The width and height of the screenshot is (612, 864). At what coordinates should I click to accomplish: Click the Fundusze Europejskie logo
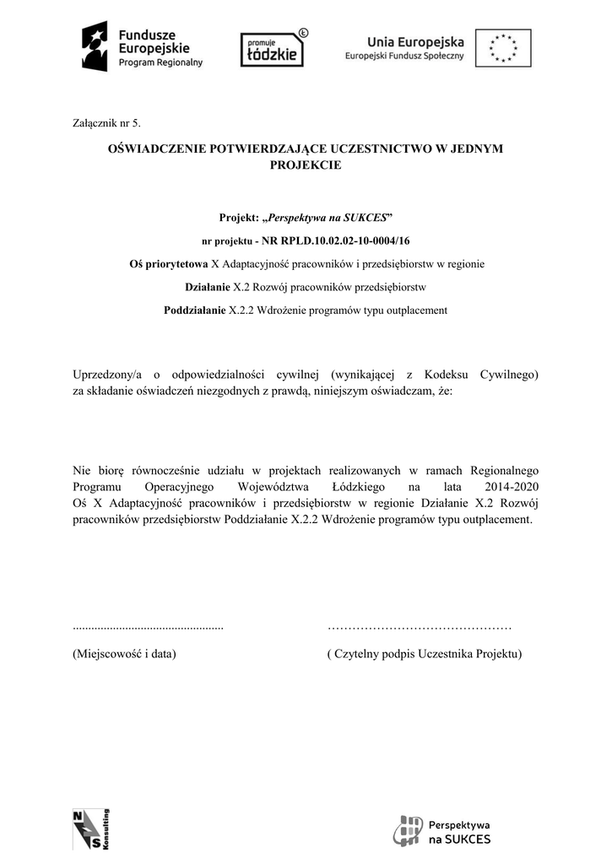pos(142,46)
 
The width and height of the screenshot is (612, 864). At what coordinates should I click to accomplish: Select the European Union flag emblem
pos(503,47)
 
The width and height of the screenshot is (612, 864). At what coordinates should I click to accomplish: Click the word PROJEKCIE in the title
pos(306,165)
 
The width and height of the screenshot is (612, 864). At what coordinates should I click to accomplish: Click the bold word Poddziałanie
pos(195,310)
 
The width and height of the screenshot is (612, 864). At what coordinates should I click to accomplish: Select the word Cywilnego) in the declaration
pos(509,375)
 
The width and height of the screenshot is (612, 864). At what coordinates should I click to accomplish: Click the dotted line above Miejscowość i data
pos(149,627)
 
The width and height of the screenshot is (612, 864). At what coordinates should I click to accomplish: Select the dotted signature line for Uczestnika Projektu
pos(419,627)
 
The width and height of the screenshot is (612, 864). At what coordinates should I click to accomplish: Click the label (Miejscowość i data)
pos(125,654)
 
